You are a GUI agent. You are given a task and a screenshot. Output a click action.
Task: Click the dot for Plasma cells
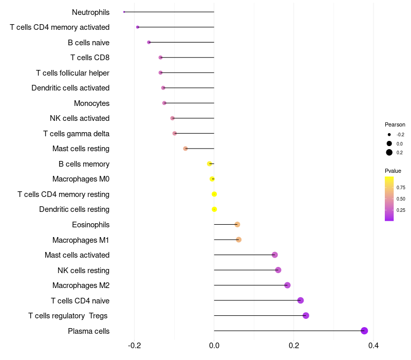(x=364, y=331)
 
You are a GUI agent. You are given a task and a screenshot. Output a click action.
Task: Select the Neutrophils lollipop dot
(x=124, y=12)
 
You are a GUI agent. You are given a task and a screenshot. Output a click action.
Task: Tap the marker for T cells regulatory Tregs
(x=306, y=316)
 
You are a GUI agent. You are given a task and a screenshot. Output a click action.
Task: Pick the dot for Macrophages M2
(x=287, y=285)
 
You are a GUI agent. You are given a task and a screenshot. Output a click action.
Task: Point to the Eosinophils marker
(x=237, y=224)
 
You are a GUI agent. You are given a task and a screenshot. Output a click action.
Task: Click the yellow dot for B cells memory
(x=209, y=164)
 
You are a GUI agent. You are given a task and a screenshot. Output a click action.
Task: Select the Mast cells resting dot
(x=185, y=149)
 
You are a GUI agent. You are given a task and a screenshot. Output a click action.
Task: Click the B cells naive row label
(x=88, y=42)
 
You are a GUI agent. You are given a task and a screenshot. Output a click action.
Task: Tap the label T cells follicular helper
(x=72, y=73)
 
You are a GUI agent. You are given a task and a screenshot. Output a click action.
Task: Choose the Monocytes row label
(x=91, y=103)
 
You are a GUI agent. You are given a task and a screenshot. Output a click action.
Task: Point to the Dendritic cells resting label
(x=74, y=209)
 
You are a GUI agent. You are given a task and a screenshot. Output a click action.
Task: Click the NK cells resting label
(x=83, y=270)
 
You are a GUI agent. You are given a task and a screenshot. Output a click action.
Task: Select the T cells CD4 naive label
(x=80, y=300)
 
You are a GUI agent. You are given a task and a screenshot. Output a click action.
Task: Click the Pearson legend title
(x=395, y=124)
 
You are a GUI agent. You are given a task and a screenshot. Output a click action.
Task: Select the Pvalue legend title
(x=393, y=171)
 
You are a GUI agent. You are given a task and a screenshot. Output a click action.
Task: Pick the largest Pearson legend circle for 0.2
(x=389, y=152)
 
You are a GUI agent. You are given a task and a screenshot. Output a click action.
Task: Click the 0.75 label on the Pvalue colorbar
(x=401, y=188)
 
